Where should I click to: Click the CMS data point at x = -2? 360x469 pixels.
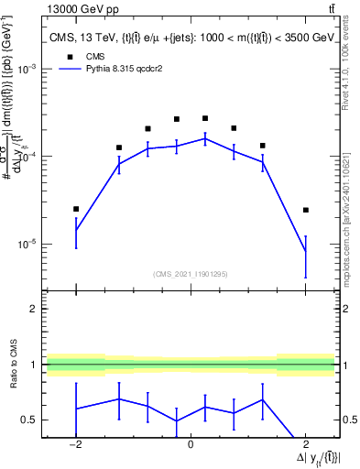coord(76,209)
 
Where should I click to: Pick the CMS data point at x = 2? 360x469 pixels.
coord(305,210)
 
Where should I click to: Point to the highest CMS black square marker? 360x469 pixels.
coord(205,118)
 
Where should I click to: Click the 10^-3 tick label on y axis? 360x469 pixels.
coord(28,70)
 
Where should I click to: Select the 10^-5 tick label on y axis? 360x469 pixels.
coord(28,245)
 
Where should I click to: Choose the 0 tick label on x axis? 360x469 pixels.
coord(191,444)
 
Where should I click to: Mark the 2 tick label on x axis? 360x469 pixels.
coord(305,444)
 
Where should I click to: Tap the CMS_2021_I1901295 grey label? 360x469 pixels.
coord(191,273)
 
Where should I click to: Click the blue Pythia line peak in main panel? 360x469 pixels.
coord(205,138)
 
